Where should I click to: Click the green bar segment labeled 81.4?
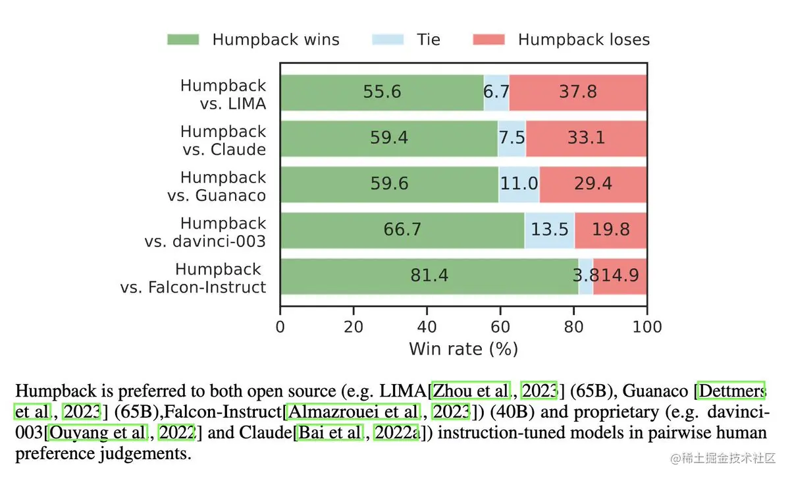[x=429, y=275]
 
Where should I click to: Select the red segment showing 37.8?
[x=577, y=92]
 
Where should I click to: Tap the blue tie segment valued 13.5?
[x=549, y=229]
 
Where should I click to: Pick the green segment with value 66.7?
[x=402, y=229]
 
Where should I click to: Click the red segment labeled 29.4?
[x=592, y=183]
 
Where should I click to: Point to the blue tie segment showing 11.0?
[x=519, y=183]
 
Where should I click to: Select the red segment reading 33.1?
[x=586, y=138]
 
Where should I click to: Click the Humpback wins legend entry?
[x=253, y=40]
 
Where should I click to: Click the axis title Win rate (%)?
[x=463, y=349]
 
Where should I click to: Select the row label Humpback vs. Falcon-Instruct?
[x=194, y=279]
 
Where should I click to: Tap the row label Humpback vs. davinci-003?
[x=205, y=233]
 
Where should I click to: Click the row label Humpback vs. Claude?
[x=224, y=140]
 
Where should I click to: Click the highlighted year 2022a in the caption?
[x=396, y=433]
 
